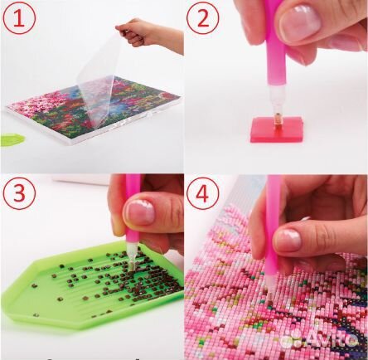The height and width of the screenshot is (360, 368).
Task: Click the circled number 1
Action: pos(19,18)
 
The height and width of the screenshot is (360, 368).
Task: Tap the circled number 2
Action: pos(202,18)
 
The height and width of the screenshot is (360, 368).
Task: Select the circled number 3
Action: pos(19,193)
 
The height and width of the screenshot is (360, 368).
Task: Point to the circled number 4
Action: pos(202,193)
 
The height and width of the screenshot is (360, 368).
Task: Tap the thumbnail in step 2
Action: pos(300,23)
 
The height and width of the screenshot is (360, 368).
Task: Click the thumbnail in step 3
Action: pos(140,212)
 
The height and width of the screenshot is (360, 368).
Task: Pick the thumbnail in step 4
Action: pos(288,240)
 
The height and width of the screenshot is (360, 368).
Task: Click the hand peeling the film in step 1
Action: pos(150,35)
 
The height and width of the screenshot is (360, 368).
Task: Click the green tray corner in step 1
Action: pos(12,139)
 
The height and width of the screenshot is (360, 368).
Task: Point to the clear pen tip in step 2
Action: pos(275,102)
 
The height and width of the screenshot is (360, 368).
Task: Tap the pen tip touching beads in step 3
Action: pos(131,256)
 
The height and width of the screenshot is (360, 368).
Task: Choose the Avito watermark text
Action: pos(334,338)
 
